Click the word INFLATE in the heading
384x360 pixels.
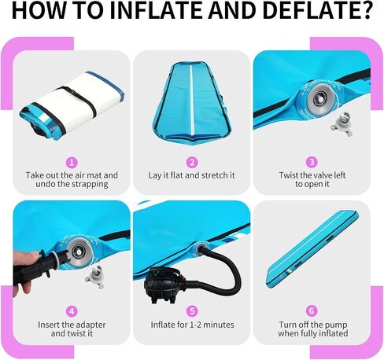tap(157, 10)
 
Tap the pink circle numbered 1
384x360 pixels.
tap(72, 163)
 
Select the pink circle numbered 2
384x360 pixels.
tap(192, 163)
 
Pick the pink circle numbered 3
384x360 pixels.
tap(312, 163)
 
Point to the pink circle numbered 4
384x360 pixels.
tap(72, 311)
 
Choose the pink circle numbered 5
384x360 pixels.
tap(192, 311)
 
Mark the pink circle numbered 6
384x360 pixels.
tap(312, 311)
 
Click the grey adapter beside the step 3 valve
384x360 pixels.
tap(342, 124)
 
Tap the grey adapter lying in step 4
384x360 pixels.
tap(95, 277)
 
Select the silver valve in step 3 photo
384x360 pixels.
tap(321, 97)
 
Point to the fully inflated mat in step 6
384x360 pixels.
tap(312, 249)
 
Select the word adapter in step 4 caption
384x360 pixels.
tap(89, 325)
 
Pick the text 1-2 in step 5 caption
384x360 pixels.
tap(190, 325)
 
